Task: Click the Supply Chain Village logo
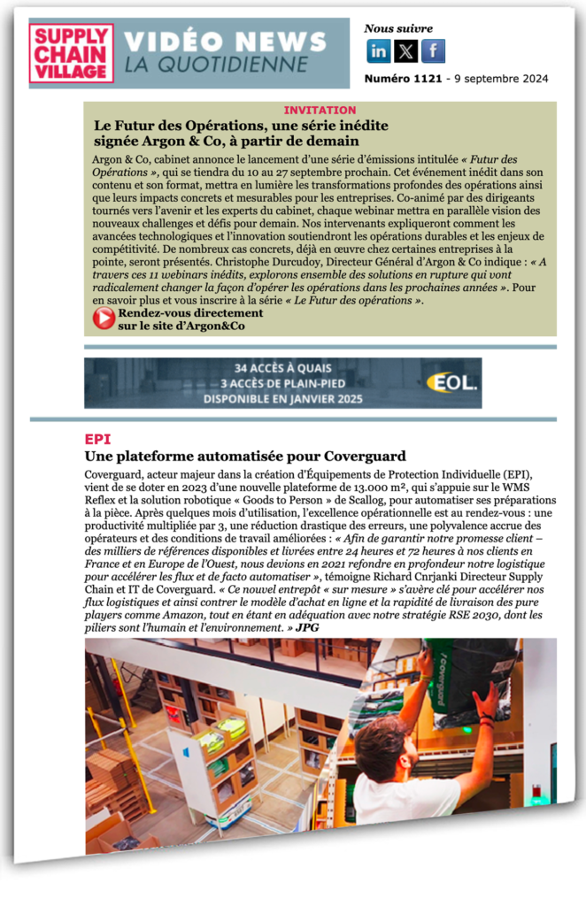click(71, 53)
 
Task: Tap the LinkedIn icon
click(378, 51)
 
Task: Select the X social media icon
click(405, 51)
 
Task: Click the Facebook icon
click(433, 51)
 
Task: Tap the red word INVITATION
click(320, 111)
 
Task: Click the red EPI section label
click(97, 439)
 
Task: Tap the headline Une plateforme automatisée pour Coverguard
click(244, 457)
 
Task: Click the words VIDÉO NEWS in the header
click(225, 42)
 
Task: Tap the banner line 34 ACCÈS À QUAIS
click(283, 368)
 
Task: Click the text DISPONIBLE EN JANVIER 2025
click(283, 399)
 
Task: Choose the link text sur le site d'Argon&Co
click(181, 326)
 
